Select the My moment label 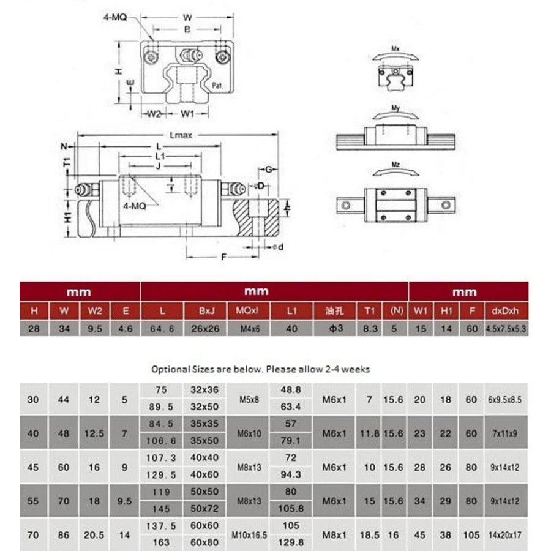coord(396,108)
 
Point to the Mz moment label coord(396,165)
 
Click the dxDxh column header coord(506,310)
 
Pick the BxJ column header coord(204,310)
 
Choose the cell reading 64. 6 coord(162,329)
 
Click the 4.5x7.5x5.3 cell coord(506,329)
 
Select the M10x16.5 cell coord(249,534)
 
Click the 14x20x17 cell coord(506,534)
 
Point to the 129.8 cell coord(291,542)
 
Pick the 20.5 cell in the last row coord(94,534)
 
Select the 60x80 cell coord(204,542)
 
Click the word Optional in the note coord(170,369)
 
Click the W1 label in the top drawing coord(187,113)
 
